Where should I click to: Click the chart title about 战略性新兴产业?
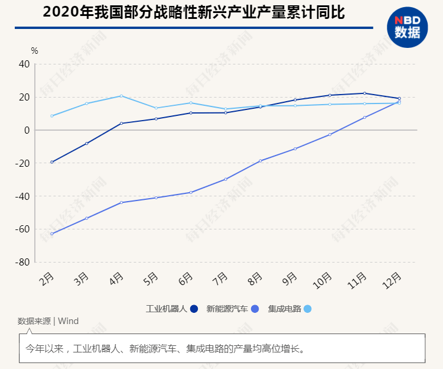pos(194,12)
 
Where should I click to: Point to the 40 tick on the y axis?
pos(24,64)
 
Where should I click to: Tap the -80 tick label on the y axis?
pos(22,262)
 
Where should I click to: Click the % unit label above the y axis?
pos(34,51)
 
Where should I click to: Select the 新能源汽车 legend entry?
pos(232,309)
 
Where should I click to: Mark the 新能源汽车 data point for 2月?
pos(52,234)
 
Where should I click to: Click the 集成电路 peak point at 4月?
pos(121,96)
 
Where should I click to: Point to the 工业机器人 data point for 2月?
pos(52,162)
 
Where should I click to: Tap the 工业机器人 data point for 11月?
pos(364,93)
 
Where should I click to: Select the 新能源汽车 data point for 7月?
pos(226,179)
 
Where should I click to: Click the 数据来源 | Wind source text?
pos(48,321)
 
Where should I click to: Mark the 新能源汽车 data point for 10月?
pos(330,135)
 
